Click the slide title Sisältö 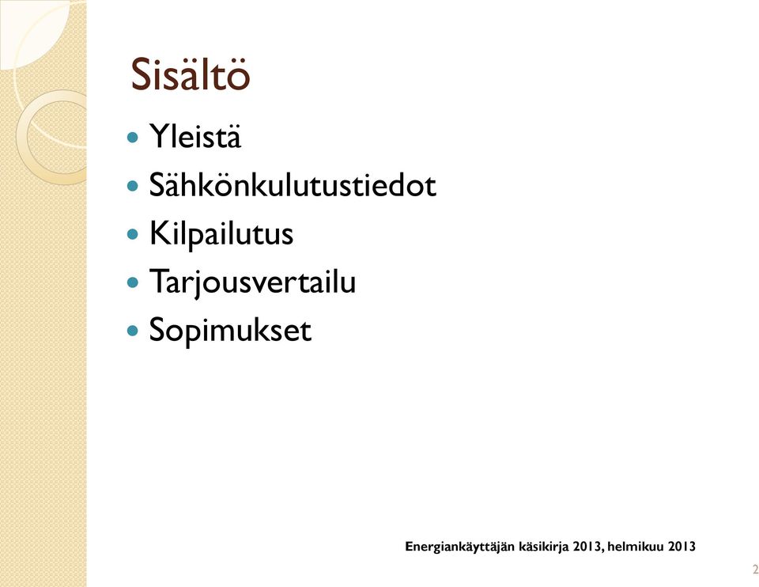click(x=191, y=74)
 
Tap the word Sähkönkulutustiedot click(x=293, y=184)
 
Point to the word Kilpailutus click(x=221, y=233)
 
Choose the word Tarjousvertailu click(x=253, y=282)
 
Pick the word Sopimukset click(x=230, y=331)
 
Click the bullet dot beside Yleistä click(x=132, y=138)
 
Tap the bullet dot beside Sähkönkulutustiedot click(x=132, y=186)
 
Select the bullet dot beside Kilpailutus click(x=132, y=234)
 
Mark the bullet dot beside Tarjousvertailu click(x=132, y=282)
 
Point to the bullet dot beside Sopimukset click(x=132, y=331)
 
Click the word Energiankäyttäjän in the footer click(x=460, y=547)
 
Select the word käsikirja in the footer click(x=544, y=547)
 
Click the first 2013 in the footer click(x=587, y=547)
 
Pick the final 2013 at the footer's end click(x=682, y=547)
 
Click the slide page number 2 click(x=755, y=569)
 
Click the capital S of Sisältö click(x=141, y=74)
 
